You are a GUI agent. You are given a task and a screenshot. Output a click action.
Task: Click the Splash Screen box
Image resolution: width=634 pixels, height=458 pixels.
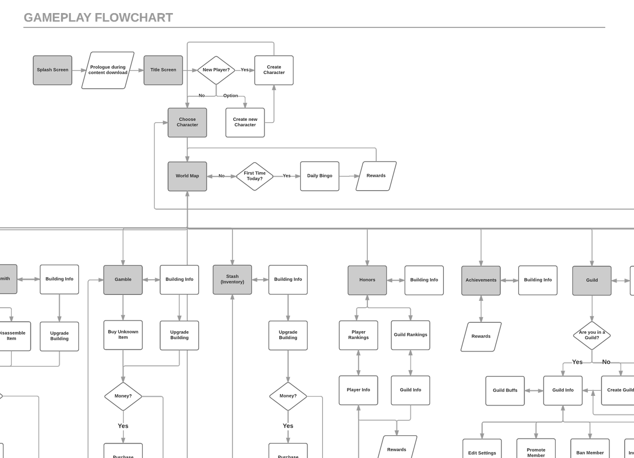click(52, 70)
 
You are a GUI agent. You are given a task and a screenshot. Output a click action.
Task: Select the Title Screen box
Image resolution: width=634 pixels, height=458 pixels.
click(163, 70)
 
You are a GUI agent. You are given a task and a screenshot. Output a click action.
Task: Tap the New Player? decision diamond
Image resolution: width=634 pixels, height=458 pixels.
click(216, 70)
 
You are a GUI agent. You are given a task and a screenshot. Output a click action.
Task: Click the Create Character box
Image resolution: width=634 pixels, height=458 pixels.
click(274, 70)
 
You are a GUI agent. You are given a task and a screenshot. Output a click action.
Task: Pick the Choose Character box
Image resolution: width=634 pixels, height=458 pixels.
click(187, 123)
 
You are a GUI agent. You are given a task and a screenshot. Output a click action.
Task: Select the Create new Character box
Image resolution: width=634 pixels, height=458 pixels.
click(245, 123)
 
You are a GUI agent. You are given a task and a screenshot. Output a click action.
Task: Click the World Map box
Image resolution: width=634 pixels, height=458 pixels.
click(187, 176)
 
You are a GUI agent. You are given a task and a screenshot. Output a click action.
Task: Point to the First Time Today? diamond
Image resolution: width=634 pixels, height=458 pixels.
click(254, 176)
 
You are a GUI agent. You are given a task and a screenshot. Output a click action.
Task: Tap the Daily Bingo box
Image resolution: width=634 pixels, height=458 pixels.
click(320, 176)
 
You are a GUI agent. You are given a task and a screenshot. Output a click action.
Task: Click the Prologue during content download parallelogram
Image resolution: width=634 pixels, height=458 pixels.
click(108, 70)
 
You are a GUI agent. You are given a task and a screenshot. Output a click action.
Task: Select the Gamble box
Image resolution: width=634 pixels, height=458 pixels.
click(123, 280)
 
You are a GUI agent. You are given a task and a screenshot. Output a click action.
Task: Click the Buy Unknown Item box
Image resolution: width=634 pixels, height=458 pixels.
click(123, 335)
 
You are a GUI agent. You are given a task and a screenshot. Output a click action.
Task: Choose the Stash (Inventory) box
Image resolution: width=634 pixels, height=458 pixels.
click(232, 280)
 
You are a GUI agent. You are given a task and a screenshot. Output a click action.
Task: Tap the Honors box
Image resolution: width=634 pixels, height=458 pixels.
click(367, 280)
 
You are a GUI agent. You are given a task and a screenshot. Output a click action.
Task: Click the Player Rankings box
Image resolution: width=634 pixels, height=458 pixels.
click(358, 335)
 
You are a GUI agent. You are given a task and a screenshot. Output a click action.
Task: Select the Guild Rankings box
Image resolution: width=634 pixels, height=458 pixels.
click(410, 335)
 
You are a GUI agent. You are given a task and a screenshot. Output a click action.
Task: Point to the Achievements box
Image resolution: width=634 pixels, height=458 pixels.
click(481, 280)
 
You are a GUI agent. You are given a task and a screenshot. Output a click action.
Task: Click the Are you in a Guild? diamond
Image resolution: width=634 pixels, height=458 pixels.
click(592, 335)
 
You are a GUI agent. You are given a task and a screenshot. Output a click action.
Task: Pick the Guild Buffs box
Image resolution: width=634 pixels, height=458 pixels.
click(505, 390)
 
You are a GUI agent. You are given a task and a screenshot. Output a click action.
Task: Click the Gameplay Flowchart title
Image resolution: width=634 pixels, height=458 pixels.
click(98, 18)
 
